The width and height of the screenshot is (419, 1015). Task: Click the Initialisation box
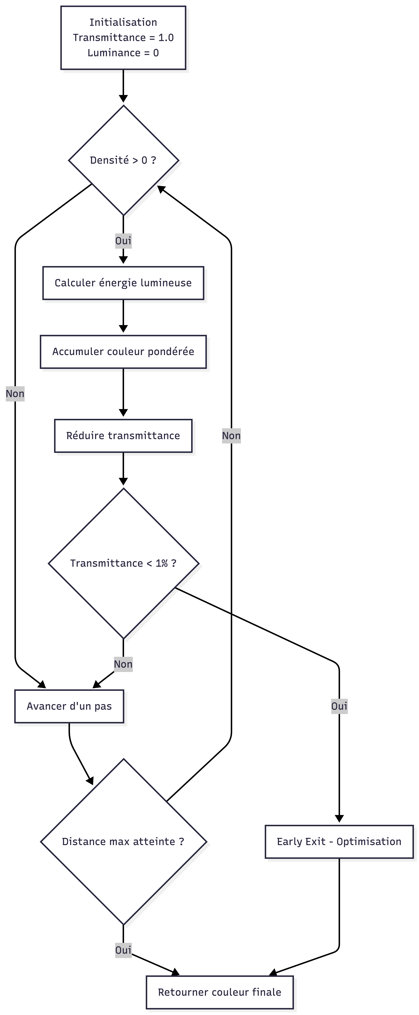tap(123, 38)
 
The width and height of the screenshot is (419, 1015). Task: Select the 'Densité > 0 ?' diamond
tap(123, 160)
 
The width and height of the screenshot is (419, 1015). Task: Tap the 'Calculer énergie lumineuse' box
tap(123, 283)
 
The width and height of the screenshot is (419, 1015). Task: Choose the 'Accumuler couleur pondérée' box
tap(123, 352)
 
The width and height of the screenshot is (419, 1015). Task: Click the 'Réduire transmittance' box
tap(123, 436)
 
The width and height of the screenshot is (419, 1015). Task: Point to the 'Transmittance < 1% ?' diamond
tap(123, 563)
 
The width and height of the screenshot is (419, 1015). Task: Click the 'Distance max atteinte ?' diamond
tap(123, 842)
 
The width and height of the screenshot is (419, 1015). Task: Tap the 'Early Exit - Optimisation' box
tap(339, 842)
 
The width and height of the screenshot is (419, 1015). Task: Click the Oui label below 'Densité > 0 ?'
tap(123, 241)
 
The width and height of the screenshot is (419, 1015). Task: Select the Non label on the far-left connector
tap(15, 394)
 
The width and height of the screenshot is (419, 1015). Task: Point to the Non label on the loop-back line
tap(231, 436)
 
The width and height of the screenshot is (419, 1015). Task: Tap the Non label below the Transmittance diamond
tap(123, 664)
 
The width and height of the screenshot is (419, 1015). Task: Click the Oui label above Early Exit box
tap(339, 706)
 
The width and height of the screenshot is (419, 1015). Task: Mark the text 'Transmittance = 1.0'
tap(123, 38)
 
